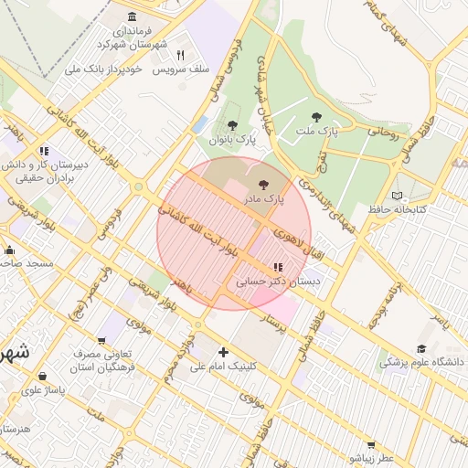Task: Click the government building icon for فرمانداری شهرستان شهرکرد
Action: point(133,17)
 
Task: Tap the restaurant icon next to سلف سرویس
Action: point(180,56)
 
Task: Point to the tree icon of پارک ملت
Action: point(317,117)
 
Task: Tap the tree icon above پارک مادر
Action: point(264,184)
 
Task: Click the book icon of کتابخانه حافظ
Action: point(397,196)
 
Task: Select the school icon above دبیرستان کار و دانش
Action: point(43,152)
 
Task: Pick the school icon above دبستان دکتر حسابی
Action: point(278,268)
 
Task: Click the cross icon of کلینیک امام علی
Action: point(223,352)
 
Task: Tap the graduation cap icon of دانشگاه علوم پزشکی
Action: point(421,348)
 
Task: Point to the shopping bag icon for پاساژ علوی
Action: point(43,376)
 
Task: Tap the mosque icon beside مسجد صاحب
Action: point(9,250)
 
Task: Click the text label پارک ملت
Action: point(316,133)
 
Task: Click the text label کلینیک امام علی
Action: point(223,367)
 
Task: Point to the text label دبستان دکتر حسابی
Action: point(278,282)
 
